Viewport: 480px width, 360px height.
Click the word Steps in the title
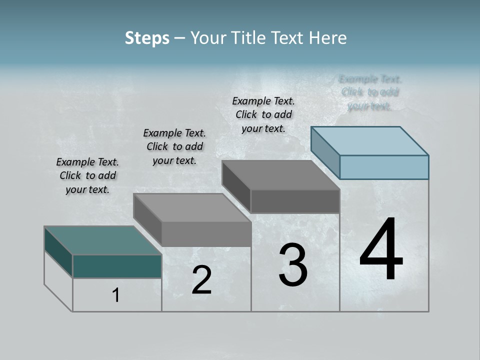[147, 38]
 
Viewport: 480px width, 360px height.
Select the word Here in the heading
[329, 38]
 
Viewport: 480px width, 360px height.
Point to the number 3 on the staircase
[293, 265]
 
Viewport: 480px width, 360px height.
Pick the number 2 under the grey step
[201, 280]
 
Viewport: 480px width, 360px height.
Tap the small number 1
[116, 295]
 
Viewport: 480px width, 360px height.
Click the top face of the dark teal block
[102, 240]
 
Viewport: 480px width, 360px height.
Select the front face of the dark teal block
[117, 266]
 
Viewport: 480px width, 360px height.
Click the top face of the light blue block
[370, 140]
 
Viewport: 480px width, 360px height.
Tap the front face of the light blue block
[384, 167]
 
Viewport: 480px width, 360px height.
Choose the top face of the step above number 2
[192, 207]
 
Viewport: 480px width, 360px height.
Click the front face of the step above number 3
[295, 201]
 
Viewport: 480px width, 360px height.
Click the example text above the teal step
[87, 175]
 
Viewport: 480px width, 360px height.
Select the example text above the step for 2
[174, 146]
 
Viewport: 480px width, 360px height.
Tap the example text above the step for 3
[263, 114]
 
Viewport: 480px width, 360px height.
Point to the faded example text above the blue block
[370, 92]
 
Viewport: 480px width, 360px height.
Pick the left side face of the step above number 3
[236, 187]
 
